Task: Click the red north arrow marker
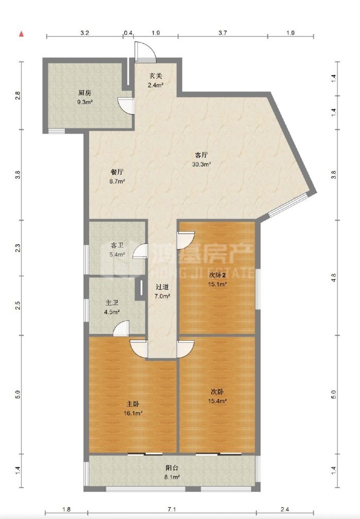point(22,34)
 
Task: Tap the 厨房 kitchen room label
point(84,93)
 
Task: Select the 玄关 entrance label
point(156,76)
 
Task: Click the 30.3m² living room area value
point(202,164)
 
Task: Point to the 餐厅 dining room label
point(117,172)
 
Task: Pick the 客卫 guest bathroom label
point(117,245)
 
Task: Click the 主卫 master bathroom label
point(112,303)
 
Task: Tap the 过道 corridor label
point(162,287)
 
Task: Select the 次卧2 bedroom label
point(217,275)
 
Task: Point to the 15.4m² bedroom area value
point(217,401)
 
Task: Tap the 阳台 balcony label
point(172,468)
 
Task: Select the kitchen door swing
point(126,106)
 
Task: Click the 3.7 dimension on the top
point(222,33)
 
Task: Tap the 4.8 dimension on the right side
point(334,277)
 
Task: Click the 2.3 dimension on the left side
point(18,248)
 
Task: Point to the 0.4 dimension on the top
point(128,33)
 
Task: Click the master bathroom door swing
point(121,329)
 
